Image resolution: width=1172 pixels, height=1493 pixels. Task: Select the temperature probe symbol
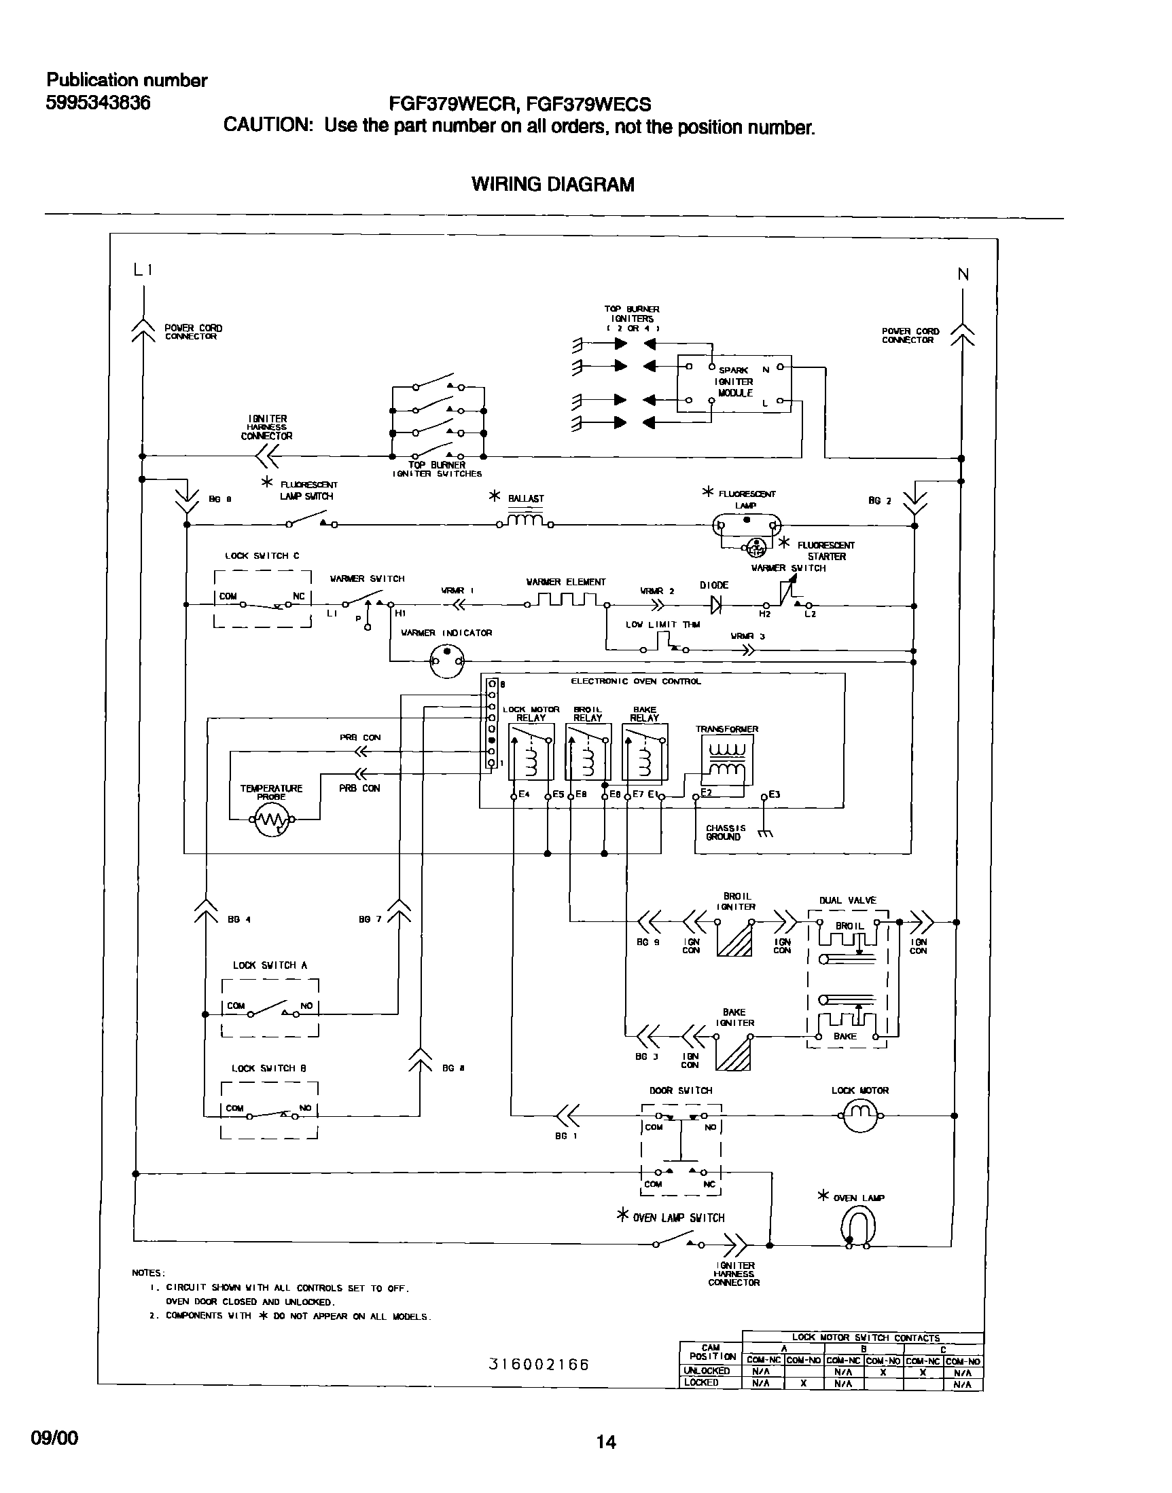(274, 819)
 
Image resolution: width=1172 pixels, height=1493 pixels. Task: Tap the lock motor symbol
(859, 1116)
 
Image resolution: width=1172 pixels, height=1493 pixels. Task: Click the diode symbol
(716, 605)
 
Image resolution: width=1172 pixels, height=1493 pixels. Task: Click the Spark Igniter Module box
(734, 384)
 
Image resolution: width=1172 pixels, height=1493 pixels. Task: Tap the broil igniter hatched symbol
(734, 937)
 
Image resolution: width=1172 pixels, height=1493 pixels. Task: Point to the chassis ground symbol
(766, 834)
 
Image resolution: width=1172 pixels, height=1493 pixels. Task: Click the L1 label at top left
(143, 270)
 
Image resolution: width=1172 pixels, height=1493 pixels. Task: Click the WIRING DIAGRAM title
(552, 184)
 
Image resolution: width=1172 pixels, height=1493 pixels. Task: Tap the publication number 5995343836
(98, 103)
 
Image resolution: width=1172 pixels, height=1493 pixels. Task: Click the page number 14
(605, 1442)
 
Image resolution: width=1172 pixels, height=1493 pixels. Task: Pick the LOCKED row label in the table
(701, 1382)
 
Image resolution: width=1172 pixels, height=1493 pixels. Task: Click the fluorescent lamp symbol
(747, 526)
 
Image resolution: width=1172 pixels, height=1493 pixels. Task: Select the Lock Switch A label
(270, 965)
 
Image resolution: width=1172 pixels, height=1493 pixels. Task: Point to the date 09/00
(54, 1437)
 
